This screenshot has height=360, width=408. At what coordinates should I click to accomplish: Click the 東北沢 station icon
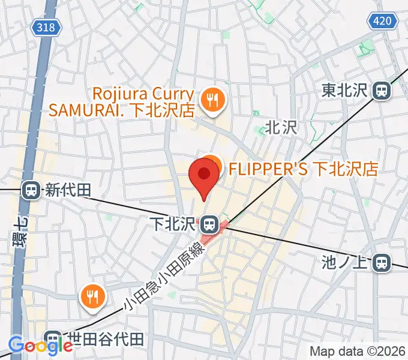[x=382, y=91]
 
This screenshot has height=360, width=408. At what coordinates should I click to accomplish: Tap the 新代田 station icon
[x=30, y=191]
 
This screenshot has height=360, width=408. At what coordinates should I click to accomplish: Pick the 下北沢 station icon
[x=209, y=224]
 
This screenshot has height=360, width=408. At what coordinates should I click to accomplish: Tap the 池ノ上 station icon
[x=380, y=262]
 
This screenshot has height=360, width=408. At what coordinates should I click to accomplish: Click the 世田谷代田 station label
[x=108, y=340]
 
